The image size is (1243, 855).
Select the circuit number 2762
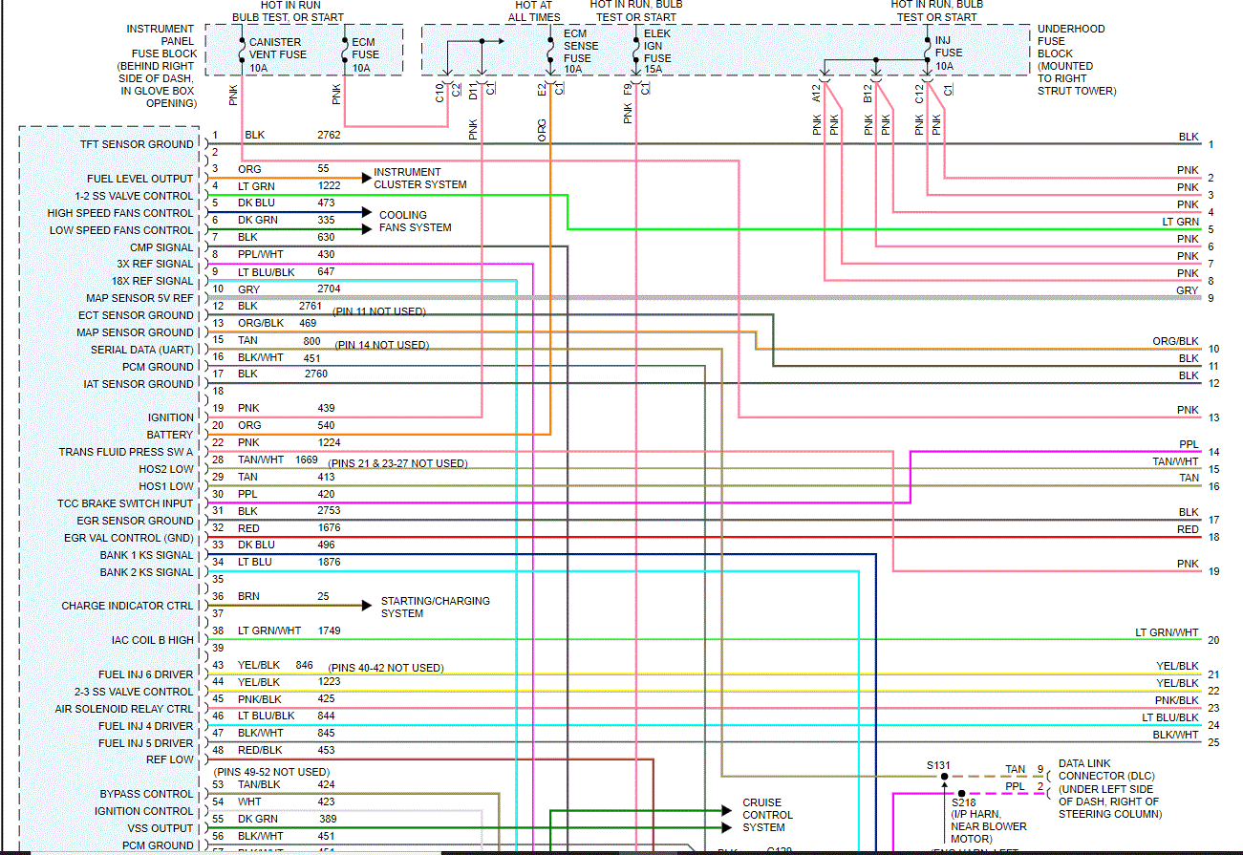(329, 135)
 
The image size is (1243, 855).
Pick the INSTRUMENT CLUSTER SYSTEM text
(420, 179)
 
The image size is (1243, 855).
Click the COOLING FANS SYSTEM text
(415, 222)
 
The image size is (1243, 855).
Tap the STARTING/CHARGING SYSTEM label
(435, 607)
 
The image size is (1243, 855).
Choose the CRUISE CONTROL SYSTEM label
(767, 815)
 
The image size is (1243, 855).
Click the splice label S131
(939, 765)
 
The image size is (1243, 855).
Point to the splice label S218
(963, 802)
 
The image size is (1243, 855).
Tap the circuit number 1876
(330, 562)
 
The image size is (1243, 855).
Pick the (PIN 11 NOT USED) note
(379, 311)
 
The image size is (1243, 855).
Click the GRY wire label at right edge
(1187, 290)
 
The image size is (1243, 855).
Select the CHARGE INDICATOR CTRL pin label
(127, 606)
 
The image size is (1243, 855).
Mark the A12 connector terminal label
(817, 93)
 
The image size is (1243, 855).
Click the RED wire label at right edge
(1188, 529)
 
